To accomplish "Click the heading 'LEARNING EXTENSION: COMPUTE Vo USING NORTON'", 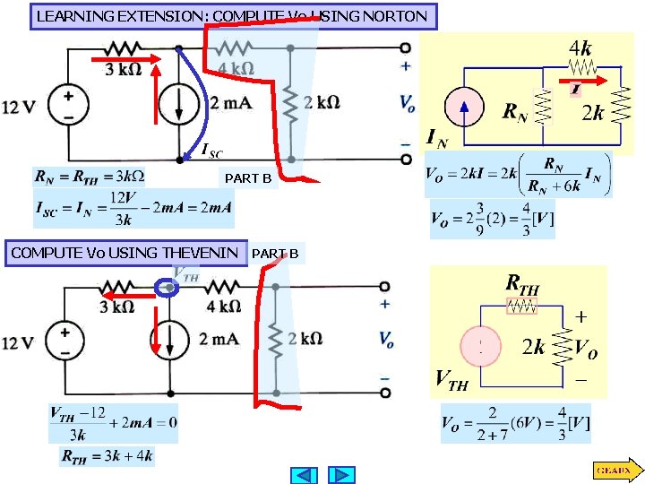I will click(233, 16).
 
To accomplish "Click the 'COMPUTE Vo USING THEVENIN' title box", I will click(125, 253).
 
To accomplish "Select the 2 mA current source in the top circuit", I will click(180, 104).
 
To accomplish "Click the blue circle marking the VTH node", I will click(167, 288).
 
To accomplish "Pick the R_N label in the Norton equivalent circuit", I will click(514, 112).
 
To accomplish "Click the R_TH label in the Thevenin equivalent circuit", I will click(523, 285).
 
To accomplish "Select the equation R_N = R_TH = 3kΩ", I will click(89, 175).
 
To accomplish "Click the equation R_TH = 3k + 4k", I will click(107, 456).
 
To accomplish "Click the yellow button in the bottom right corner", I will click(615, 469).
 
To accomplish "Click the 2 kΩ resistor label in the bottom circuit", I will click(305, 339).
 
